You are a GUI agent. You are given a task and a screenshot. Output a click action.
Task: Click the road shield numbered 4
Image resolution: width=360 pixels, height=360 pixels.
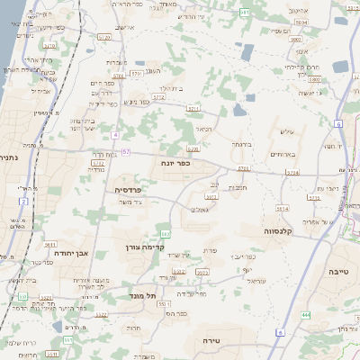click(x=115, y=134)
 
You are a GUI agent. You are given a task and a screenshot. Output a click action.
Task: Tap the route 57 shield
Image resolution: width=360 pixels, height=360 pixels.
click(x=126, y=151)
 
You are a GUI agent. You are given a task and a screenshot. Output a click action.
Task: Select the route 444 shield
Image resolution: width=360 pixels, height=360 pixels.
click(x=306, y=314)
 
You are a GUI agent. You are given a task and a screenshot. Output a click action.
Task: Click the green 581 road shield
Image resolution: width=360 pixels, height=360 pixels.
click(x=245, y=12)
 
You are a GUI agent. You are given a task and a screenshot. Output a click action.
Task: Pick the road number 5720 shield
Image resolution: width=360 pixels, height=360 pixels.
click(x=104, y=37)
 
